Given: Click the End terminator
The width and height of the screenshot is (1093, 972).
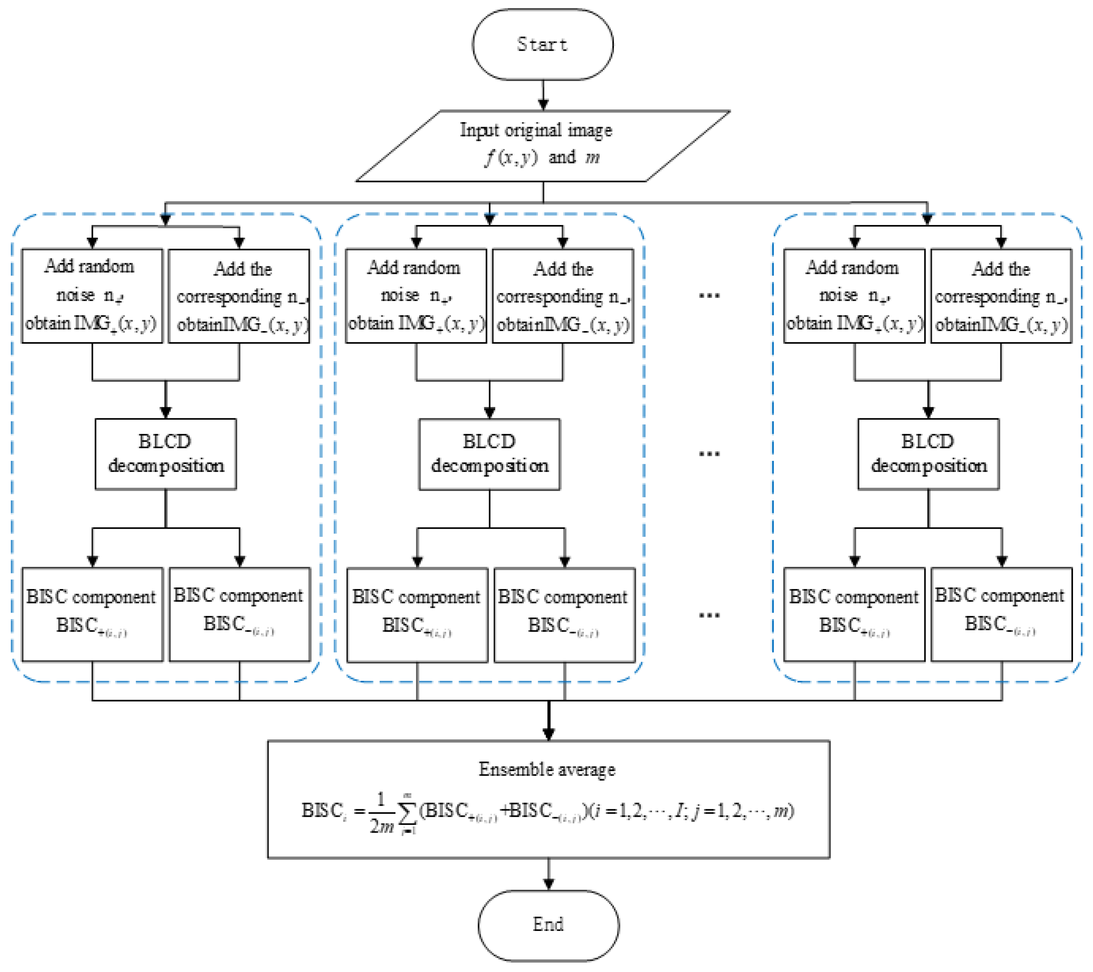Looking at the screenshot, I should click(548, 924).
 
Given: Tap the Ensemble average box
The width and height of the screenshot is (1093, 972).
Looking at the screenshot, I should click(548, 799).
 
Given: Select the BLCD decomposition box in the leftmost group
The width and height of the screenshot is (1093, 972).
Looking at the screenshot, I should click(165, 454).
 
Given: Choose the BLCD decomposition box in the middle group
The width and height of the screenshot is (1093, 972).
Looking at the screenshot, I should click(489, 454).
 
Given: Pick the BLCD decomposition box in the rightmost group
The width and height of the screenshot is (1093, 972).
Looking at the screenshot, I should click(928, 454).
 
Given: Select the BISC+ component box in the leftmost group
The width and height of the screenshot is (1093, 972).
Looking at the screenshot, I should click(92, 614).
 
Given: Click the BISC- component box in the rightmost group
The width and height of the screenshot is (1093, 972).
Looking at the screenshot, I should click(1001, 614).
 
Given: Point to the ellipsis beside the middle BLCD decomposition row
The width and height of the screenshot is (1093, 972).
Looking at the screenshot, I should click(709, 454).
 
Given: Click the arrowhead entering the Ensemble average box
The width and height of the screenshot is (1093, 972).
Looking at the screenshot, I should click(548, 734).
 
